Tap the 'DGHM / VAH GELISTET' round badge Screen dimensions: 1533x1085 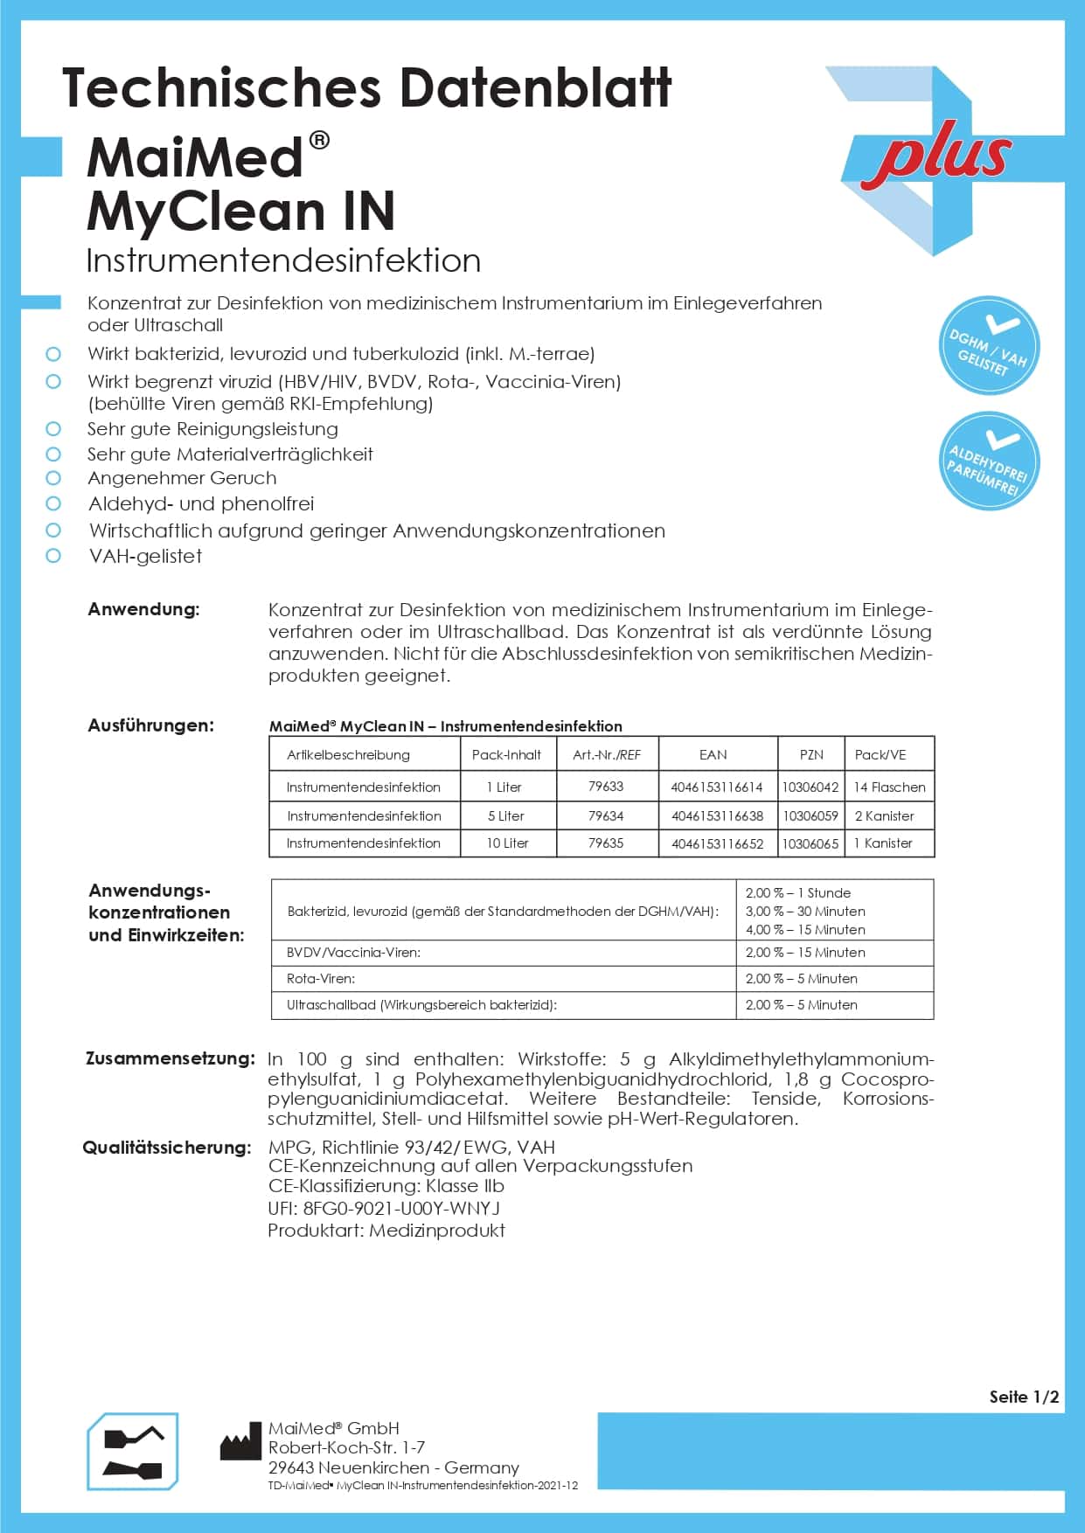pyautogui.click(x=988, y=346)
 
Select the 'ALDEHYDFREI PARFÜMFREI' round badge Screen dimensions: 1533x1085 pyautogui.click(x=988, y=461)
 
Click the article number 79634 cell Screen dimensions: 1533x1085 pyautogui.click(x=606, y=815)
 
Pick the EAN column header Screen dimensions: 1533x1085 pyautogui.click(x=713, y=754)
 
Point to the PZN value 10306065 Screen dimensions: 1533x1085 pyautogui.click(x=810, y=843)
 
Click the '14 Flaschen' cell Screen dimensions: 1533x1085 pyautogui.click(x=889, y=787)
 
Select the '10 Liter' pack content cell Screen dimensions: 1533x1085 pyautogui.click(x=507, y=843)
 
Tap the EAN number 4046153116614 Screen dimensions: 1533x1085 pyautogui.click(x=716, y=787)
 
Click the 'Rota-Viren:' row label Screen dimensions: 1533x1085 pyautogui.click(x=321, y=979)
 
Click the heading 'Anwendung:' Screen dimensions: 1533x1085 pyautogui.click(x=143, y=609)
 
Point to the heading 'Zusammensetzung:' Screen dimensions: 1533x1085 pyautogui.click(x=170, y=1058)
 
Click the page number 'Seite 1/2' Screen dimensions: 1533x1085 pyautogui.click(x=1023, y=1397)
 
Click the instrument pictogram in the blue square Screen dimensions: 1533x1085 pyautogui.click(x=133, y=1451)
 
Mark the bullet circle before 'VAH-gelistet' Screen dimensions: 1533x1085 pyautogui.click(x=53, y=556)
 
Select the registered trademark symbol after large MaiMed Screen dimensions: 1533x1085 pyautogui.click(x=319, y=140)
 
